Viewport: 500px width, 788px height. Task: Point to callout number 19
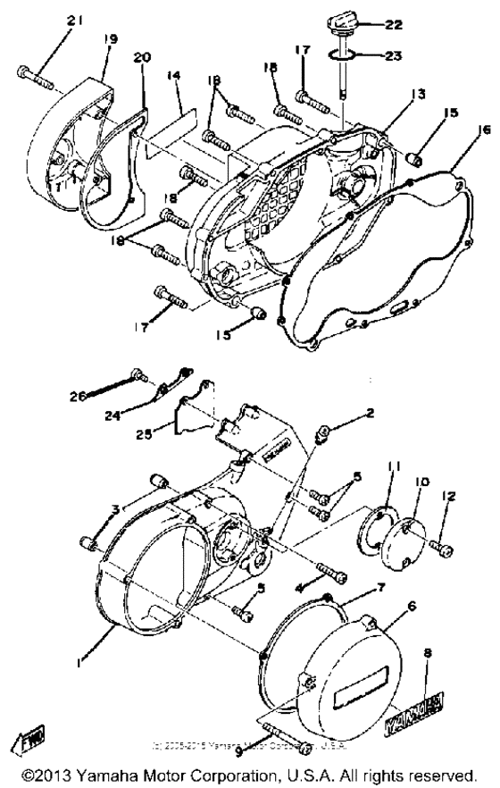click(x=112, y=39)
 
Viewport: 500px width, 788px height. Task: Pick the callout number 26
click(x=77, y=394)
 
